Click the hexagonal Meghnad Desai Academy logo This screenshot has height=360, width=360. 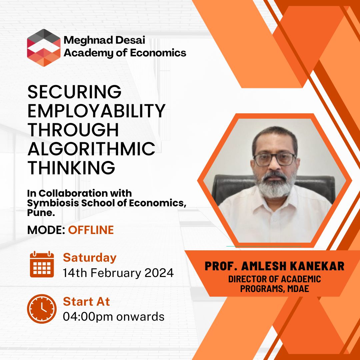tap(44, 48)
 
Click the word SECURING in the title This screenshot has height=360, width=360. tap(74, 92)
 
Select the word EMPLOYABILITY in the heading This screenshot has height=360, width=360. tap(96, 111)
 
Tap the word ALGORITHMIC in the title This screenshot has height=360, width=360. tap(91, 149)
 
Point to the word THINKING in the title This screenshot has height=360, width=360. tap(71, 168)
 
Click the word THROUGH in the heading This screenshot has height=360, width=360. tap(73, 130)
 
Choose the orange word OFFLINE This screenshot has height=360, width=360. tap(91, 230)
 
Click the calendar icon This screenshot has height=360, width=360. tap(42, 264)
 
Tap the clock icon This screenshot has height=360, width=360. tap(42, 309)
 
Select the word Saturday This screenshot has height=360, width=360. tap(90, 258)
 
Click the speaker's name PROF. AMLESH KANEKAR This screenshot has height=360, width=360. tap(274, 266)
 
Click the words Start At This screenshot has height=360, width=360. tap(87, 302)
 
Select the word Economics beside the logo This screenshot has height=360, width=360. tap(158, 53)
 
